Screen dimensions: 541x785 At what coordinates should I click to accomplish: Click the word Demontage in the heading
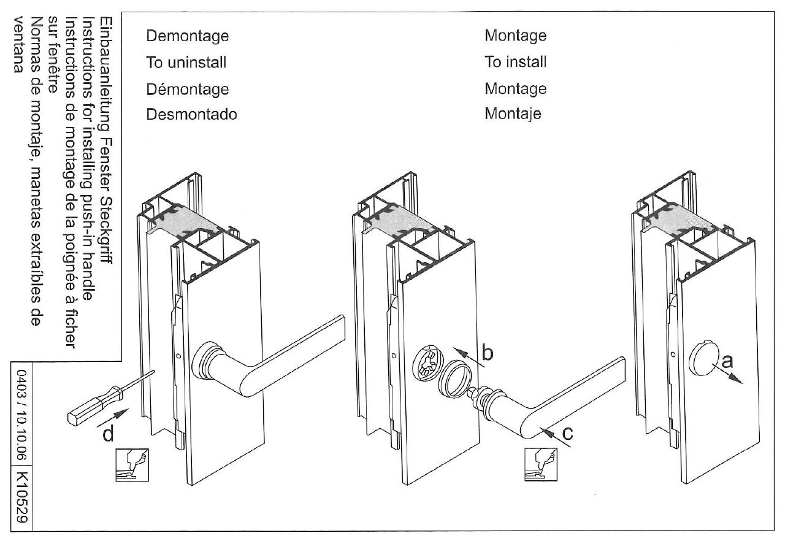[187, 36]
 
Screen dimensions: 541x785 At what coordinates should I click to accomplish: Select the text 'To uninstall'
[186, 62]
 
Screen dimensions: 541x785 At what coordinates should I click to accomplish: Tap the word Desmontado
[191, 114]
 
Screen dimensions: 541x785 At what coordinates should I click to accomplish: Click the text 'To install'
[515, 62]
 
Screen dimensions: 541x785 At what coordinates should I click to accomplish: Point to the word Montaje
[513, 114]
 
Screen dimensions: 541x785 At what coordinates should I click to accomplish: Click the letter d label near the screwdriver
[108, 434]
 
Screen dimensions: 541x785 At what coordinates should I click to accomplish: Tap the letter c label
[568, 432]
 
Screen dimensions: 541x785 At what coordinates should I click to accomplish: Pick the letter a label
[727, 362]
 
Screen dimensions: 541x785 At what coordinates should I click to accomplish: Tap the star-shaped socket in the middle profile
[424, 367]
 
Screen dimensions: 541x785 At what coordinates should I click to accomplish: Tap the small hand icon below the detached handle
[538, 464]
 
